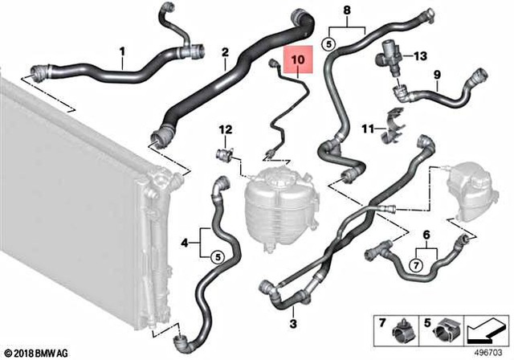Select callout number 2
tap(226, 53)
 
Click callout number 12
tap(226, 129)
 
